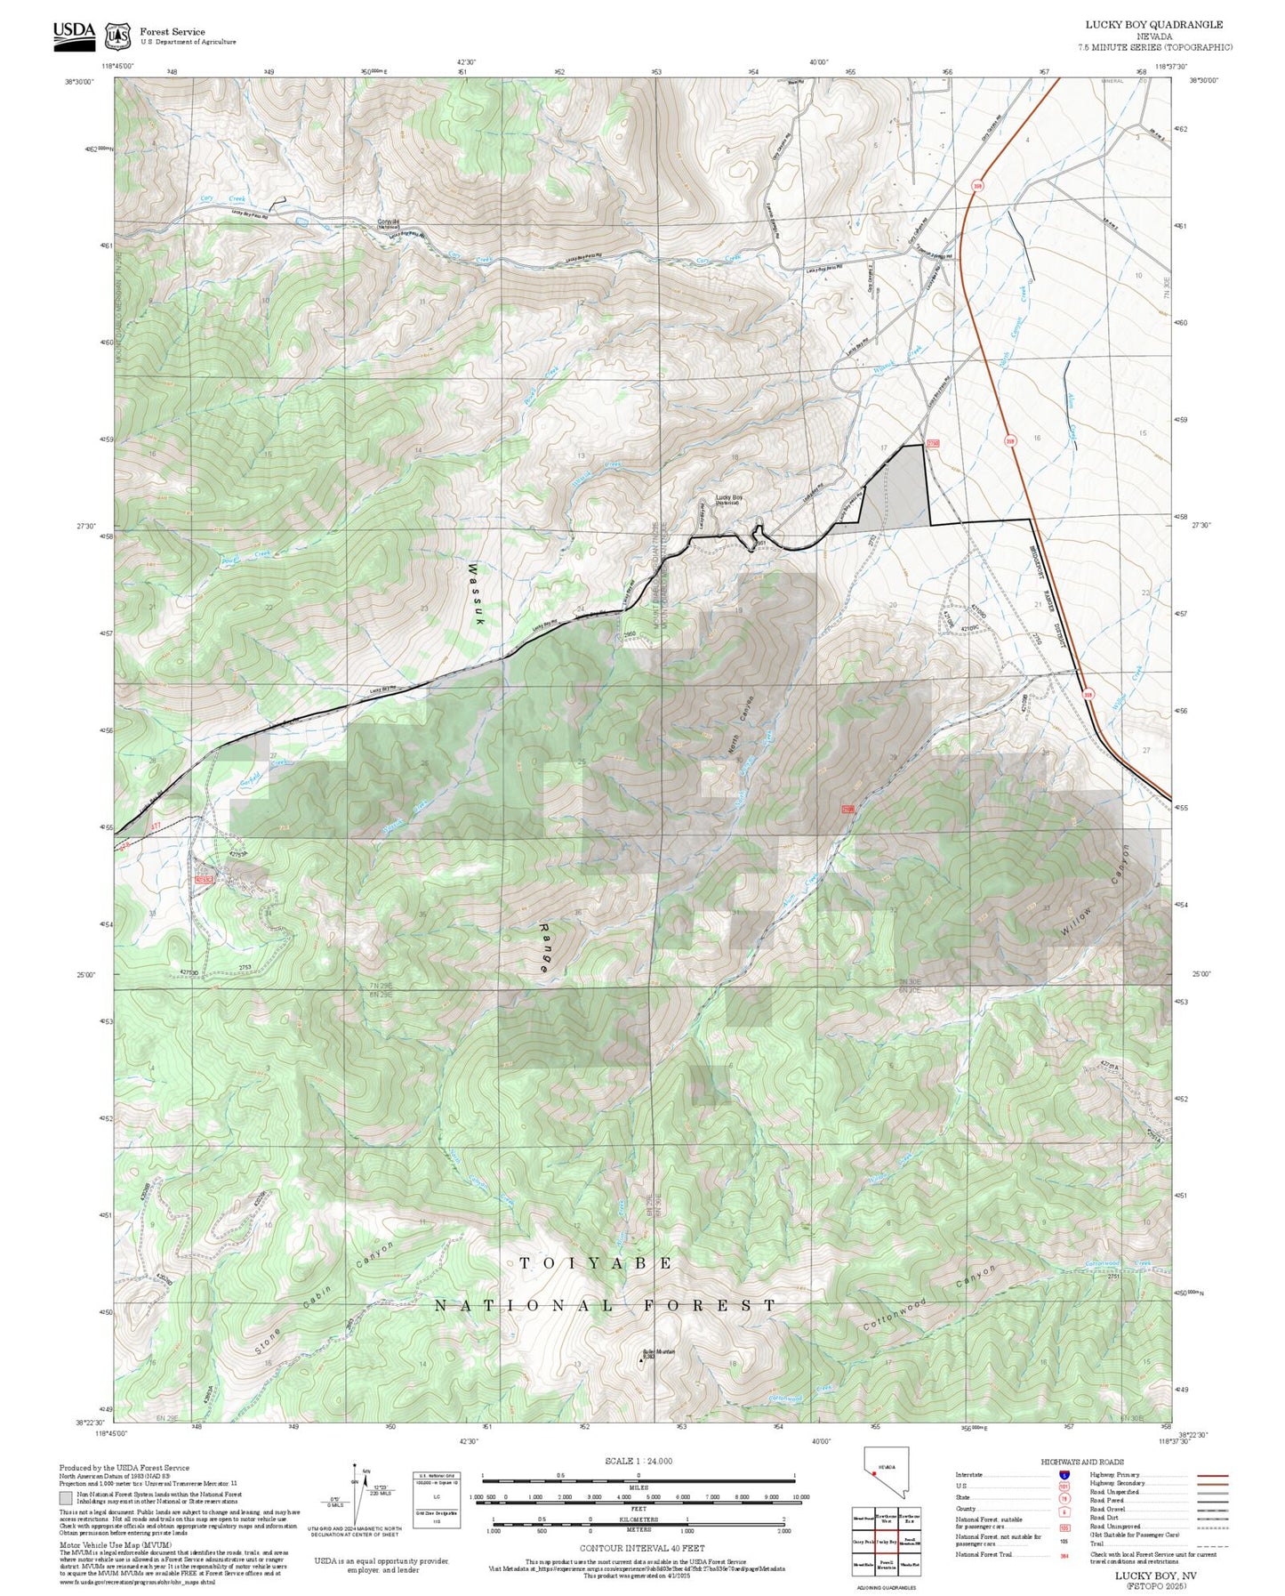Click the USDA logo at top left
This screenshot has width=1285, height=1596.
[74, 35]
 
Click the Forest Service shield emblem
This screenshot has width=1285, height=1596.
[117, 36]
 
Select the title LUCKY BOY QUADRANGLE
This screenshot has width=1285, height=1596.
[1153, 25]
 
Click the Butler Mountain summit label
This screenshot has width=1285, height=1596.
[659, 1352]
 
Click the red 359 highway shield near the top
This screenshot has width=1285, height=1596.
[978, 186]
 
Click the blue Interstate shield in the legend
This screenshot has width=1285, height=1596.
[1064, 1475]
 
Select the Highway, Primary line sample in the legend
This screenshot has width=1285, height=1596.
[1212, 1475]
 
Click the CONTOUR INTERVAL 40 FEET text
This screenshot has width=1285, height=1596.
[642, 1548]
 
